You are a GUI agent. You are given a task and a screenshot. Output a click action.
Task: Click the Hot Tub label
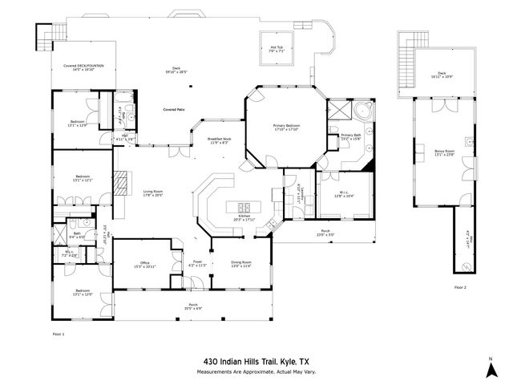[276, 49]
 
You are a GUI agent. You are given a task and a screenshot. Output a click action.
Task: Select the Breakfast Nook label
[220, 140]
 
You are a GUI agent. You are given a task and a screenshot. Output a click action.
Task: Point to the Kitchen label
[245, 217]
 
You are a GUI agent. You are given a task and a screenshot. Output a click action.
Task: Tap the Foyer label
[197, 263]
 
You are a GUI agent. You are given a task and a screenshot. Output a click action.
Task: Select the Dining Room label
[241, 263]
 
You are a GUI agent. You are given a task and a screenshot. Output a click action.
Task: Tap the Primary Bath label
[352, 136]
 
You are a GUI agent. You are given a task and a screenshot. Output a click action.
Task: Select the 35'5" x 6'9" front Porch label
[193, 306]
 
